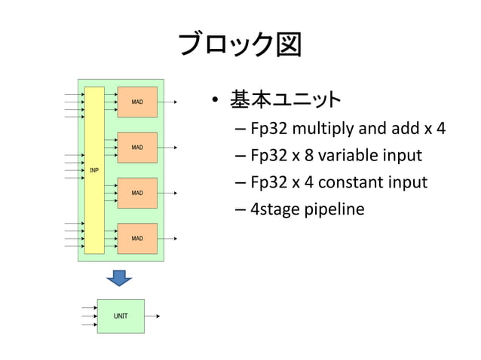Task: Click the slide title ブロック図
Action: [240, 44]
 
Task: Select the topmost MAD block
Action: [137, 102]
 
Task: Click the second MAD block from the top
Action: [137, 148]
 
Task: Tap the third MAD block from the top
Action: [137, 194]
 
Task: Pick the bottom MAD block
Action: [137, 239]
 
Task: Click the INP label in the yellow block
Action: [94, 170]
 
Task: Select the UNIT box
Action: [121, 316]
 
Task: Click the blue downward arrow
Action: [119, 277]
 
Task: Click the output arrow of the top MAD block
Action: [168, 102]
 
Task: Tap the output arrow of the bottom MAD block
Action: [168, 239]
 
